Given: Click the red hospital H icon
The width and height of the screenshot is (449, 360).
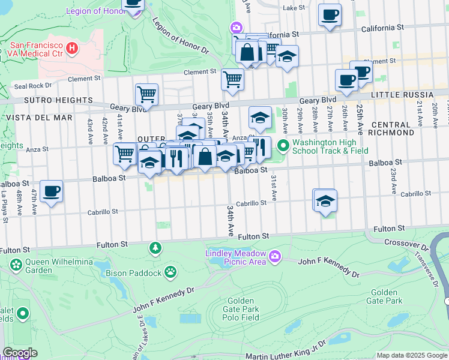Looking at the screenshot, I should [x=73, y=47].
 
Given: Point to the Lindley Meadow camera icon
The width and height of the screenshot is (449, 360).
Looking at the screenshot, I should [x=275, y=257].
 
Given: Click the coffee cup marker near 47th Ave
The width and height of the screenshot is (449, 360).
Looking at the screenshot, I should [x=52, y=191].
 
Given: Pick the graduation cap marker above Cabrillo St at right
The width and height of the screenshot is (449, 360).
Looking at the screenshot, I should [x=325, y=201].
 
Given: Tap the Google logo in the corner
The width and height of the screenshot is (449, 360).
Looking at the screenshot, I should [x=20, y=353].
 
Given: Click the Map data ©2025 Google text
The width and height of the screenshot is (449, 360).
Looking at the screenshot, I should [x=411, y=355].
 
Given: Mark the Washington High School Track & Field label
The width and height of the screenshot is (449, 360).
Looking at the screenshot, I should [x=330, y=147].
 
